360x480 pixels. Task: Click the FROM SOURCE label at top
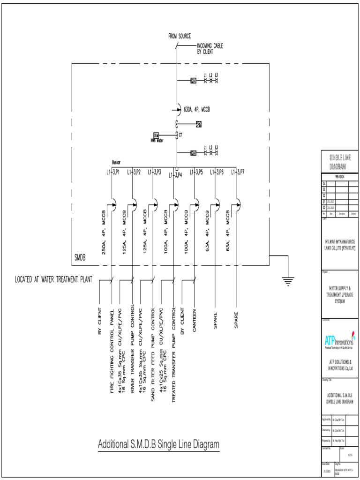coord(180,36)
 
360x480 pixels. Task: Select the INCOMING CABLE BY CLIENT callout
coord(210,49)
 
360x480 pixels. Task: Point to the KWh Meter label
coord(156,140)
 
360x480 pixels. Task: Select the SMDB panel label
coord(80,257)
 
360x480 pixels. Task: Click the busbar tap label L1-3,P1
coord(113,172)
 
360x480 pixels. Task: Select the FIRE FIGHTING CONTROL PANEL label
coord(112,352)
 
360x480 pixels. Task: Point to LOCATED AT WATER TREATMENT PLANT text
coord(53,280)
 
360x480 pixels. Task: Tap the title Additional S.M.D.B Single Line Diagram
coord(158,444)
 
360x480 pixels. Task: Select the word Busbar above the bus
coord(116,162)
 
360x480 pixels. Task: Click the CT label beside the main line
coord(180,135)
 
